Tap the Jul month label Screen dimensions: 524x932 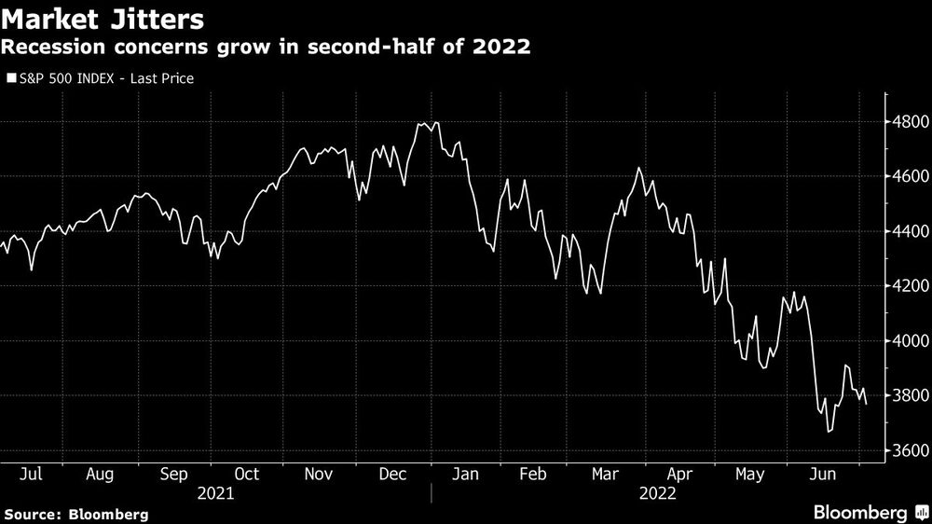pos(31,474)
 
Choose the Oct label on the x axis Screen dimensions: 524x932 pos(246,474)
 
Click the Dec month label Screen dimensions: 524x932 pos(391,474)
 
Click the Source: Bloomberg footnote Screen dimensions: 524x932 pos(75,514)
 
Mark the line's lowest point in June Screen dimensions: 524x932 pos(828,432)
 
